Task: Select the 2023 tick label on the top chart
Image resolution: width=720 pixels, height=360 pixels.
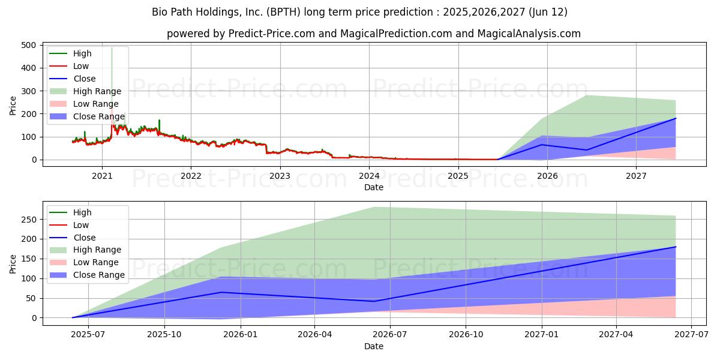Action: [280, 176]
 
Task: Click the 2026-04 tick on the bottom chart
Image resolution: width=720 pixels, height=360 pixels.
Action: [315, 335]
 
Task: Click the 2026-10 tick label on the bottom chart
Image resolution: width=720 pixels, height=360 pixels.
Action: [466, 335]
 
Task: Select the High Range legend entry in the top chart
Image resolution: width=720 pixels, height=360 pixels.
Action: [97, 91]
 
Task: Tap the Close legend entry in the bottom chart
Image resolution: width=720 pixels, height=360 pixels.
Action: [84, 238]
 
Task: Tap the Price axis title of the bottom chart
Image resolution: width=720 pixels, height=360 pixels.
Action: [13, 263]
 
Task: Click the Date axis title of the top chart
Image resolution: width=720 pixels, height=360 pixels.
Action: [373, 188]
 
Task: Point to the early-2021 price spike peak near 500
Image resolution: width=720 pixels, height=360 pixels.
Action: [112, 48]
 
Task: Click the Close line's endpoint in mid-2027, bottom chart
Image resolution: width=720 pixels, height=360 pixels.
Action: [676, 247]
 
